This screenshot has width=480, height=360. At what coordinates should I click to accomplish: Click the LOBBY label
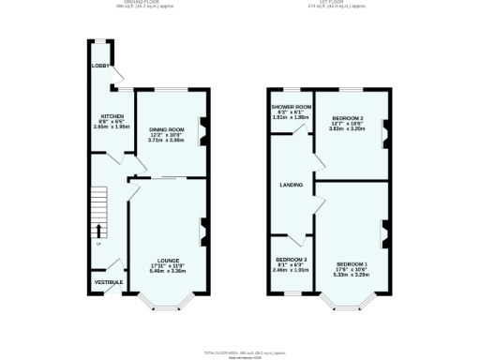pos(100,67)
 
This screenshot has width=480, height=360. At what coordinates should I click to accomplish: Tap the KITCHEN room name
pos(112,116)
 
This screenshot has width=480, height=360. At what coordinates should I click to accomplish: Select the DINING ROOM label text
pos(168,129)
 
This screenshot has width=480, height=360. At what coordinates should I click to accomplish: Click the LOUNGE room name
pos(169,260)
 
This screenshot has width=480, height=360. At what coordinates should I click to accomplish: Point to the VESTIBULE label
pos(106,282)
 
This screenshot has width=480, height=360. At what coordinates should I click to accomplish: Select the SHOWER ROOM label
pos(291,108)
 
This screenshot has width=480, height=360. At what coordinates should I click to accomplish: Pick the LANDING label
pos(291,185)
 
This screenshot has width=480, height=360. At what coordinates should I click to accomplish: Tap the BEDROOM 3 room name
pos(291,260)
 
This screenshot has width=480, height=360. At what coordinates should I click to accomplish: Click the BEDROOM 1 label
pos(352,264)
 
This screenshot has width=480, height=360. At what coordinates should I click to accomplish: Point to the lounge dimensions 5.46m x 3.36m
pos(169,271)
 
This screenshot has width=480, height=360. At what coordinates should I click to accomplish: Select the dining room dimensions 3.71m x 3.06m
pos(168,141)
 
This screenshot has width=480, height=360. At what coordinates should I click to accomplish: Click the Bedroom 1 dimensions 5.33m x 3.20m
pos(352,276)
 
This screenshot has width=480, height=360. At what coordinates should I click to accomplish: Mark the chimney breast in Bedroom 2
pos(383,136)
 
